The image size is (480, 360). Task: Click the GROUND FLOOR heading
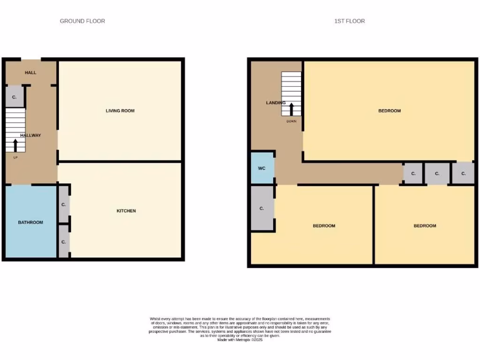[82, 21]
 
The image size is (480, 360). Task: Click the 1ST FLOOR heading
[349, 21]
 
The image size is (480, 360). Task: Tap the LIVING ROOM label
[120, 111]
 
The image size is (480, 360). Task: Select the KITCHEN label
[126, 211]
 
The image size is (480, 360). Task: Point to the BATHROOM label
[30, 222]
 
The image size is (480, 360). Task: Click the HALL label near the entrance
[30, 73]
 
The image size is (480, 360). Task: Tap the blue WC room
[262, 168]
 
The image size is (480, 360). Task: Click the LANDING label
[275, 103]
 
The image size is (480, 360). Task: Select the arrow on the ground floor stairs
[15, 145]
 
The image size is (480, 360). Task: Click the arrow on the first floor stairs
[291, 109]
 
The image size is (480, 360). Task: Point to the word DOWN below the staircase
[291, 121]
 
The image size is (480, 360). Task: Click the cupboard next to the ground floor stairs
[14, 97]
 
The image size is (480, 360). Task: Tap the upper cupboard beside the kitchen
[63, 205]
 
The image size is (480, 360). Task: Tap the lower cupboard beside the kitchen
[63, 242]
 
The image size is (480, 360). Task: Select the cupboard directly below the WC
[262, 208]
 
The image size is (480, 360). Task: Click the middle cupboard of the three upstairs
[437, 173]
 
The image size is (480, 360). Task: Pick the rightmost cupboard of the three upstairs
[463, 173]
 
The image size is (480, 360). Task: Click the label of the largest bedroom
[390, 111]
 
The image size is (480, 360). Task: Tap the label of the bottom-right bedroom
[425, 226]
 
